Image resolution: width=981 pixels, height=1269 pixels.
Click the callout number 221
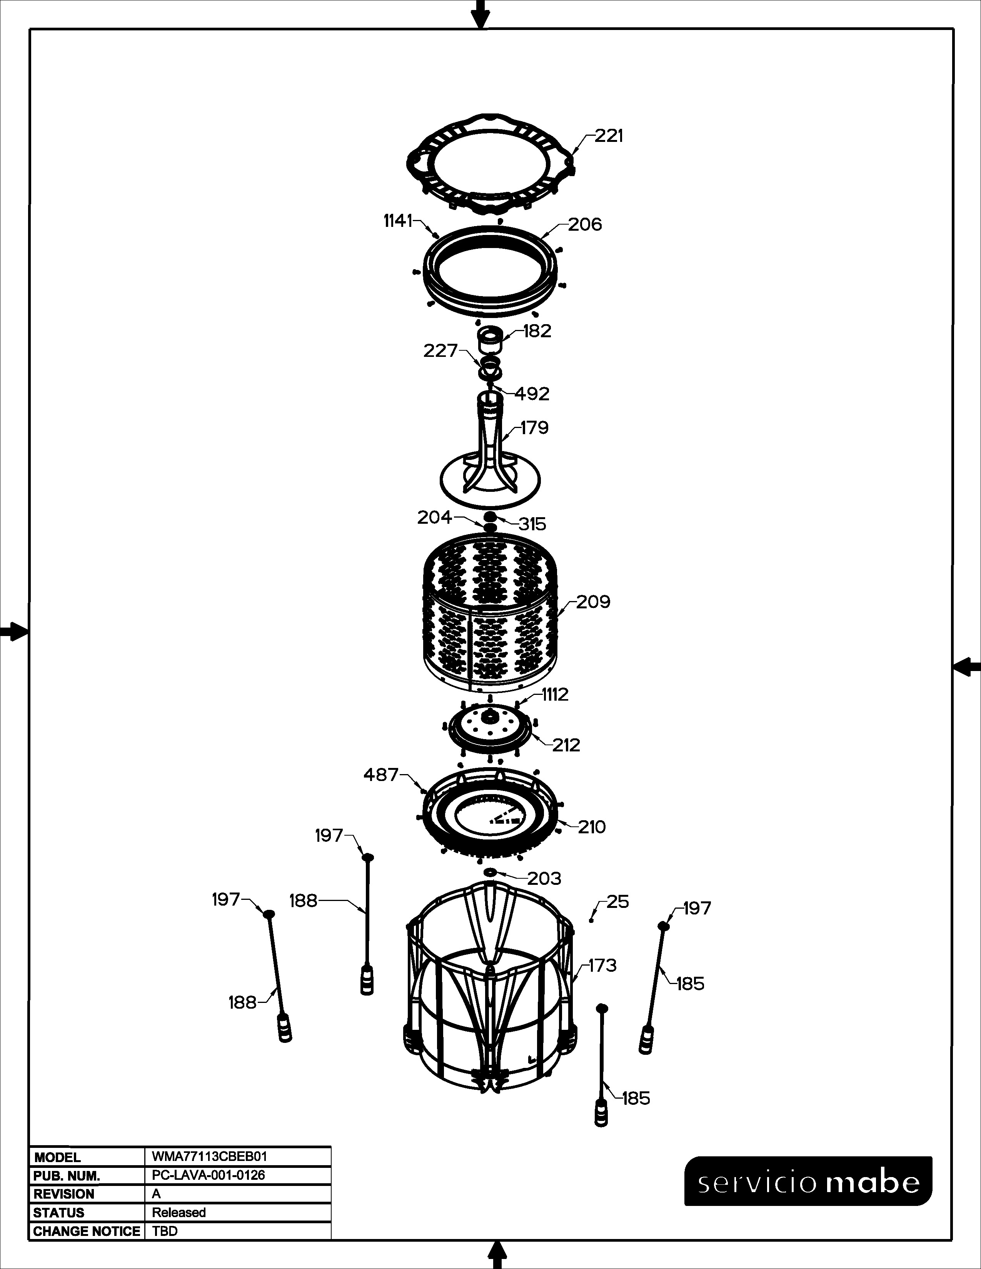click(x=609, y=136)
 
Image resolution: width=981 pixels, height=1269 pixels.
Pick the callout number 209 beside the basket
click(x=593, y=602)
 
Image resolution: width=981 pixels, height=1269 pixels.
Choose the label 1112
click(x=555, y=694)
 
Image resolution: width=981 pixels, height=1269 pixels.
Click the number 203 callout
click(x=544, y=879)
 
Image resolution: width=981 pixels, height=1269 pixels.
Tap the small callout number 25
click(x=618, y=902)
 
